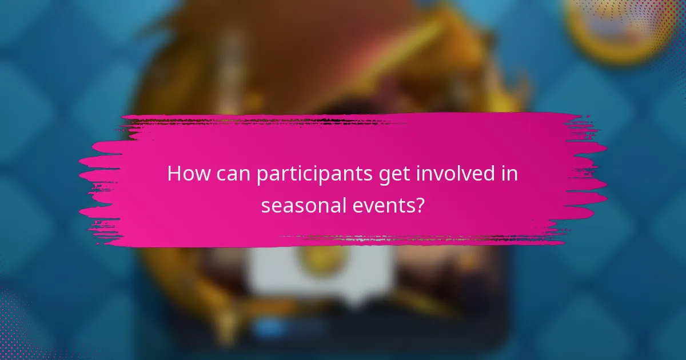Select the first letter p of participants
tap(262, 176)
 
